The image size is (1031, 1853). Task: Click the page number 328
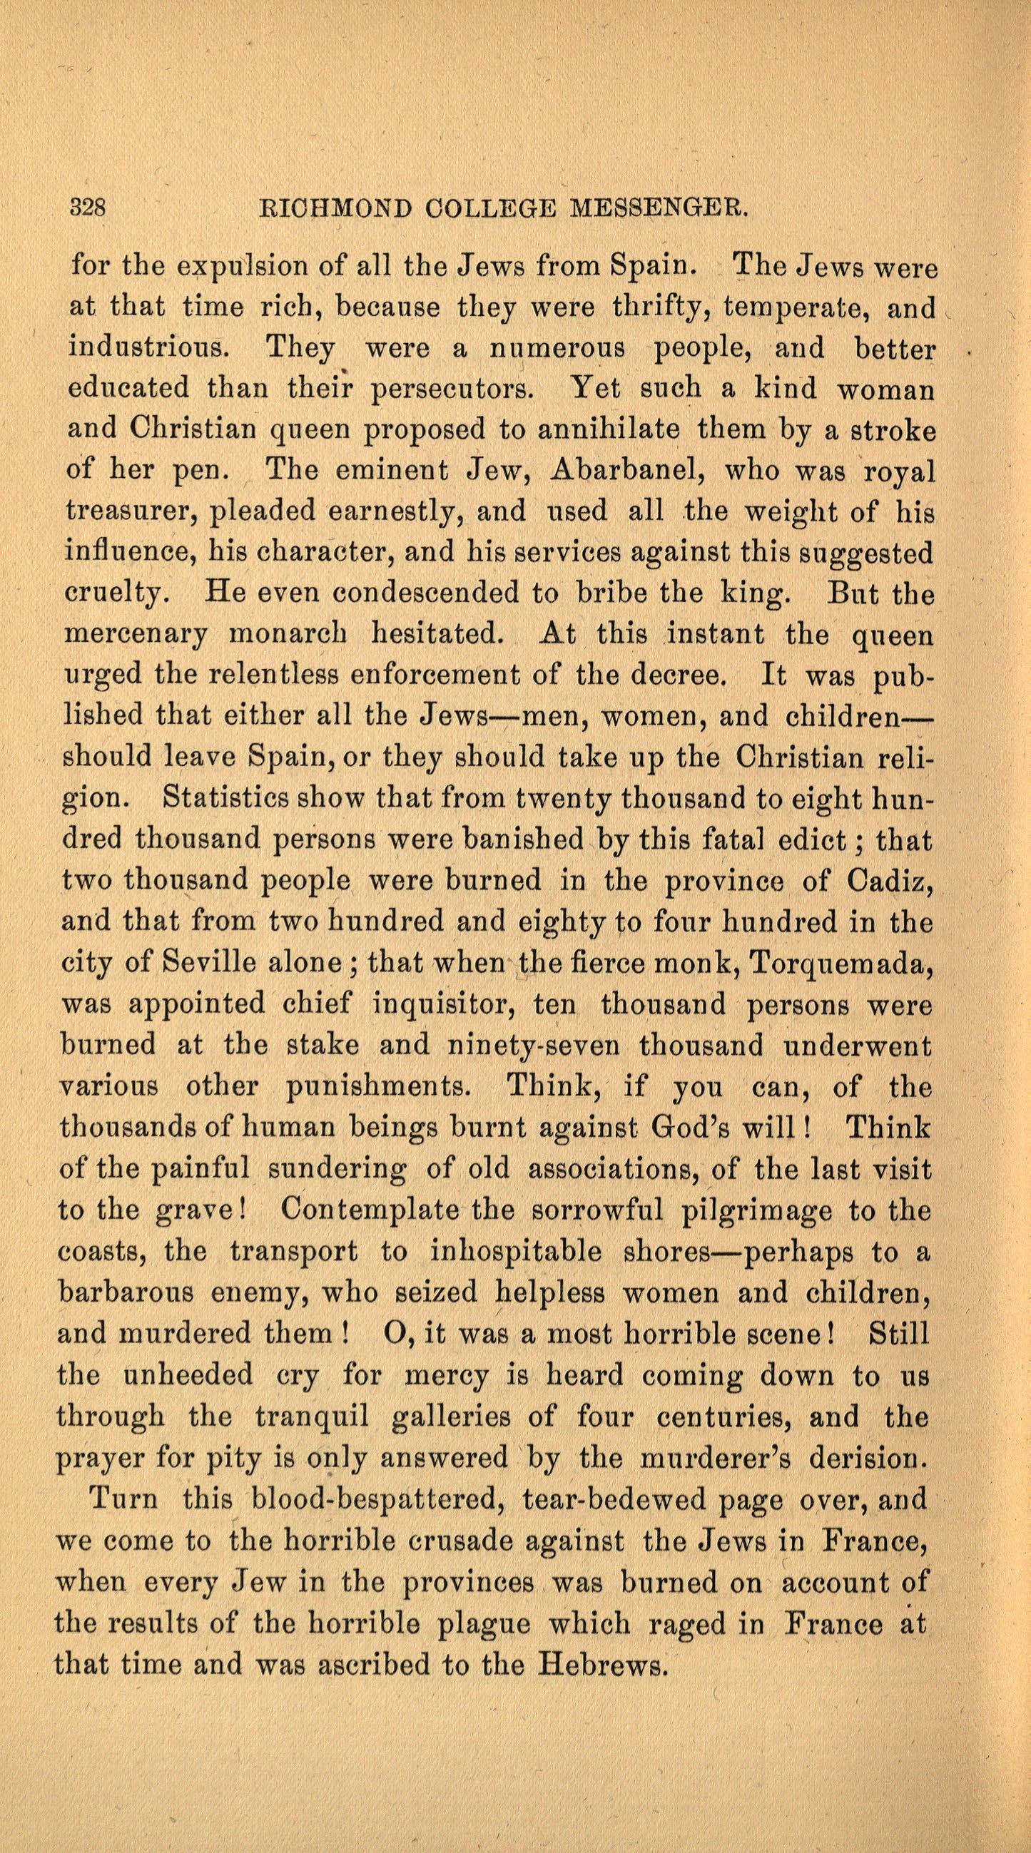pos(88,208)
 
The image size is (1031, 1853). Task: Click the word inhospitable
pos(514,1252)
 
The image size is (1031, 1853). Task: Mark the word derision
pos(868,1458)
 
